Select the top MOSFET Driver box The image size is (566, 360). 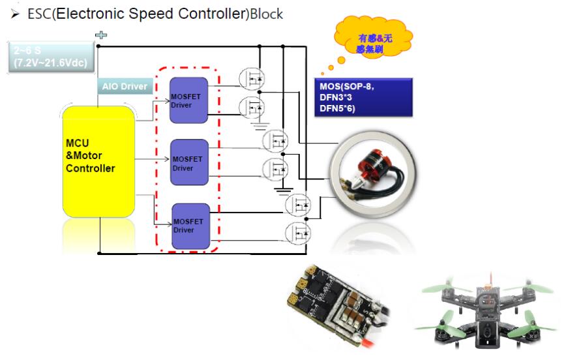188,100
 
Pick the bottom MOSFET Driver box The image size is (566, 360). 190,226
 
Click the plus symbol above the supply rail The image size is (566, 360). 102,35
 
